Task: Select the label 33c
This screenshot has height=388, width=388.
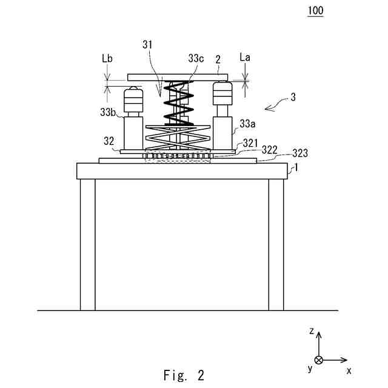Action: tap(196, 59)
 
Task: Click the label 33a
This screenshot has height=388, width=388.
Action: tap(247, 124)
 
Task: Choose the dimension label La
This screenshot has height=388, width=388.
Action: tap(246, 58)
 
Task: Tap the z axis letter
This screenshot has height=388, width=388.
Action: tap(311, 331)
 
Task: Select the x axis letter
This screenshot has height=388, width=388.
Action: tap(349, 369)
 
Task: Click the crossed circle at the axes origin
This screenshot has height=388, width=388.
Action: tap(319, 360)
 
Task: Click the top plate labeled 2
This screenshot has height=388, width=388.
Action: tap(177, 77)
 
